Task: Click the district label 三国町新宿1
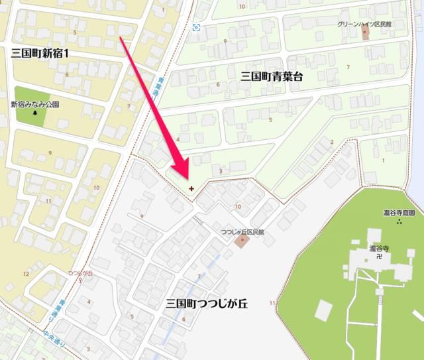coord(40,52)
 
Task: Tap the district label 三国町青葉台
coord(271,77)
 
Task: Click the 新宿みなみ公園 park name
coord(34,104)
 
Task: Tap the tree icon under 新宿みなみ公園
coord(34,113)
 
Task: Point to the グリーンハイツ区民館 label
coord(365,24)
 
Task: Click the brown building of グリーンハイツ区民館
coord(365,33)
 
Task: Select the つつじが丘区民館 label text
coord(242,232)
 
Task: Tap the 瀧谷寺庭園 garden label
coord(399,213)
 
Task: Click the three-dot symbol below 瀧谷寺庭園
coord(399,223)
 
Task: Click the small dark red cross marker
coord(191,188)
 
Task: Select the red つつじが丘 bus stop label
coord(79,272)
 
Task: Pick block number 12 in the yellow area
coord(26,273)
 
